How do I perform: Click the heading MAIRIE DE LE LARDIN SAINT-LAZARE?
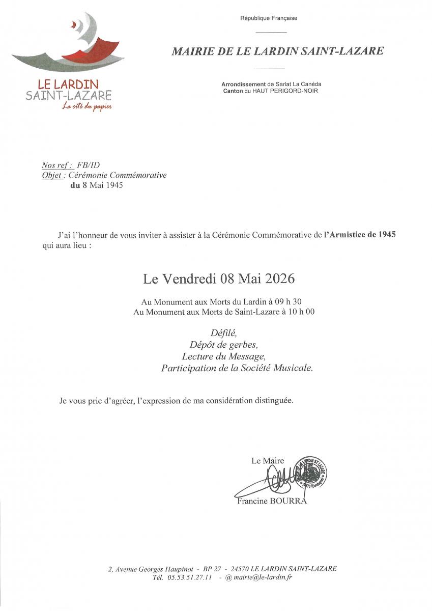[277, 51]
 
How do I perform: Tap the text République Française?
[269, 18]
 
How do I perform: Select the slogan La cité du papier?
[87, 106]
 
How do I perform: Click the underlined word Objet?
[52, 175]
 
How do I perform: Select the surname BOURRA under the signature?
[290, 501]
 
